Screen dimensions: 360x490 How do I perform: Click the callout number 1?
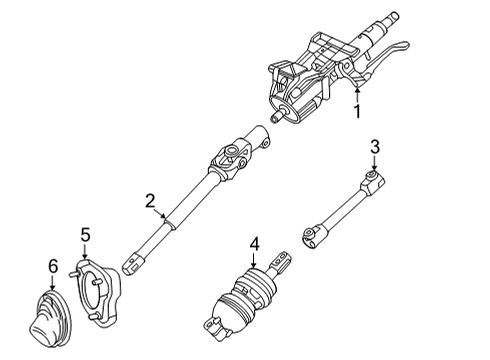click(x=357, y=112)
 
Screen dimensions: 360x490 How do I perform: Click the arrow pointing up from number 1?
click(x=357, y=94)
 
